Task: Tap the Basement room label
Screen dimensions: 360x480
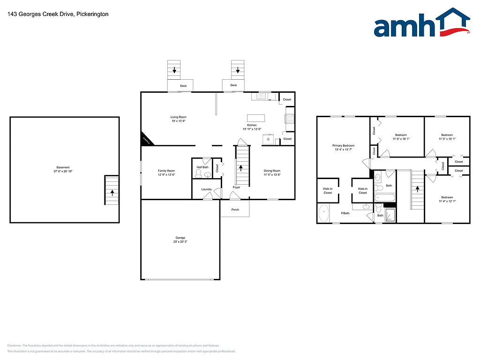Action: point(63,167)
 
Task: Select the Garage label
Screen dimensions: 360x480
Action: point(180,238)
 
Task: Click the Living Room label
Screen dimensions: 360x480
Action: point(178,117)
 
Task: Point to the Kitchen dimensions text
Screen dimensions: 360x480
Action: point(252,129)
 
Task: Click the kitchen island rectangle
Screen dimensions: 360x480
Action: point(256,118)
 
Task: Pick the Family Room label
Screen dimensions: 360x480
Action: point(166,171)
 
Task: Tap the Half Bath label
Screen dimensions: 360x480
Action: point(202,167)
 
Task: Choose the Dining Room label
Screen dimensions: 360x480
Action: point(272,171)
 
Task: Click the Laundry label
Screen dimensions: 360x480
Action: point(207,189)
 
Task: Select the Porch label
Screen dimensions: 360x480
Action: point(235,210)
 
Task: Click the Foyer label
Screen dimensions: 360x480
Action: point(237,187)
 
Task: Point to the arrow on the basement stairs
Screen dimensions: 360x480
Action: point(112,192)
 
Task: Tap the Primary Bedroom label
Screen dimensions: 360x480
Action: point(344,146)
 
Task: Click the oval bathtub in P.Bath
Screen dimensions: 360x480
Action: point(323,214)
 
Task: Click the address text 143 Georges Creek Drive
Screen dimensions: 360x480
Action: point(58,14)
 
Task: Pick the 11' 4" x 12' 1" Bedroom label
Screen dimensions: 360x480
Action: point(447,197)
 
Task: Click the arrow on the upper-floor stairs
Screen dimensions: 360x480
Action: point(417,189)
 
